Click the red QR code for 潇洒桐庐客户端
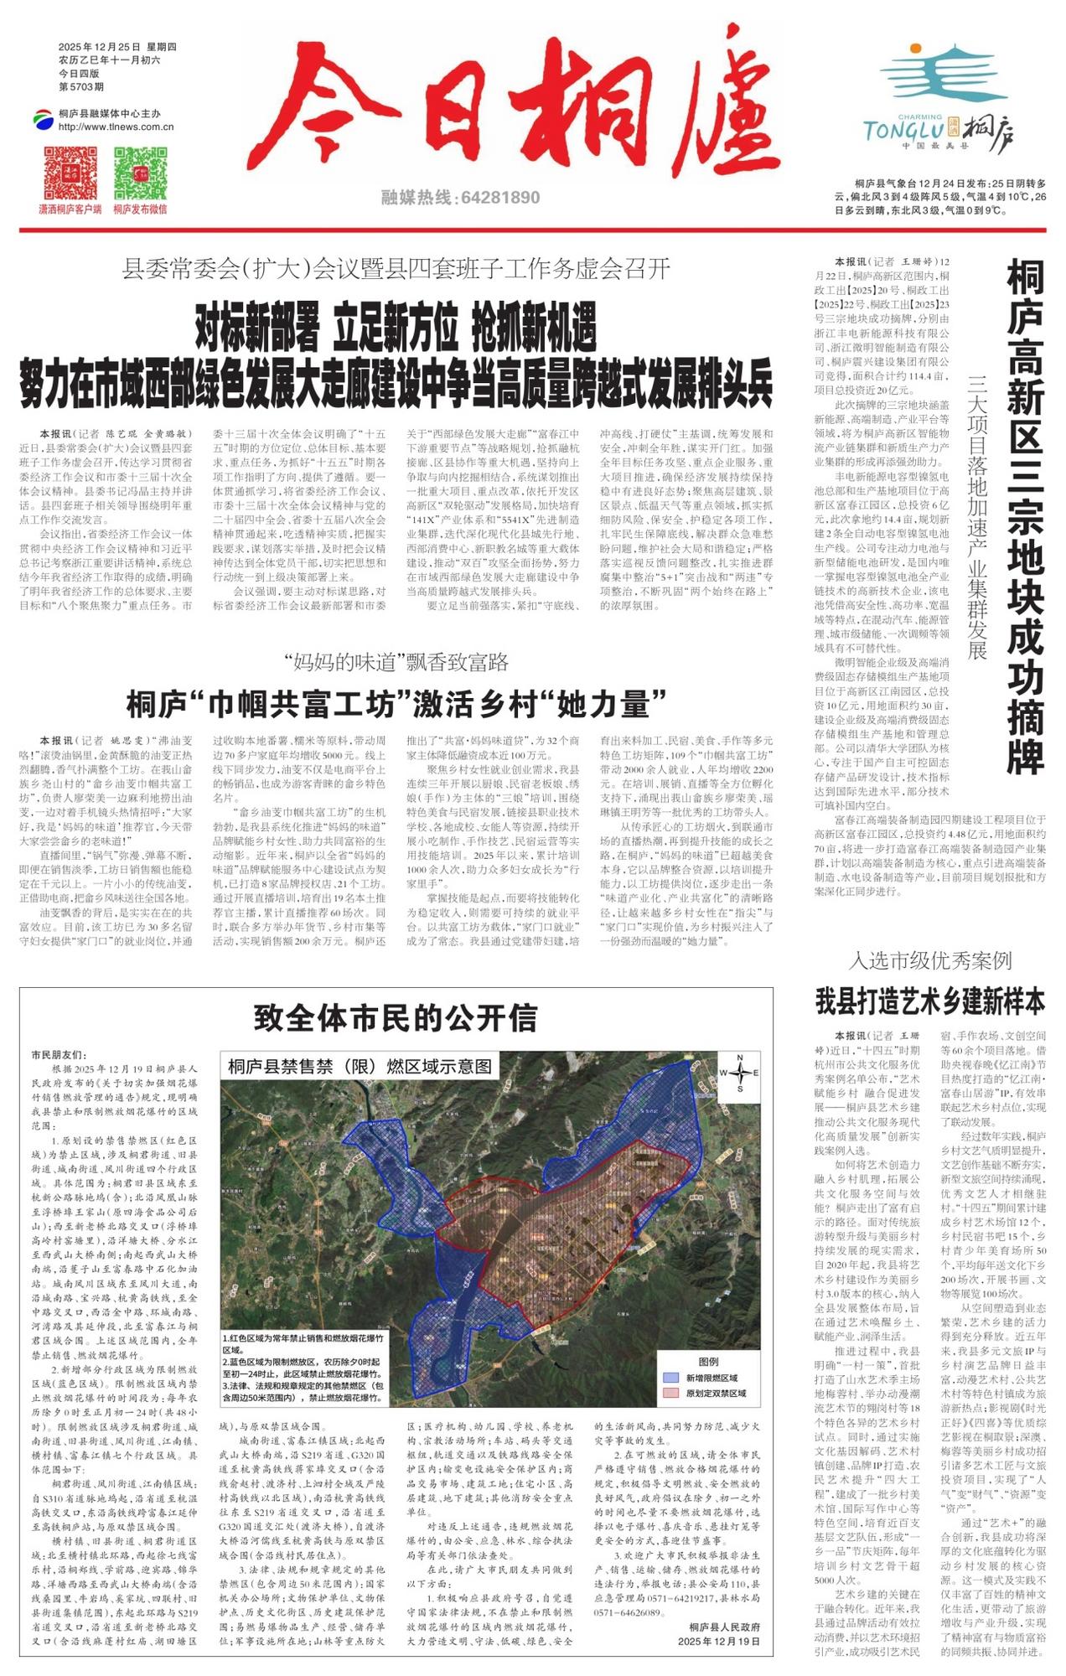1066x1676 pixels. (70, 173)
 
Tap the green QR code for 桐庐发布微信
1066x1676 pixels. (140, 173)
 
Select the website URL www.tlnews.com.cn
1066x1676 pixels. (116, 127)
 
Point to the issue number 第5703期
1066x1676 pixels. (81, 87)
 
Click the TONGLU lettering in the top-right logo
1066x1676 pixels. (903, 130)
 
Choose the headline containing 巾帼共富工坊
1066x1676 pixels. (396, 704)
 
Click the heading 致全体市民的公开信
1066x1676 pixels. (396, 1018)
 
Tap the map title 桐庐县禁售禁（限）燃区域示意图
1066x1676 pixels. (360, 1067)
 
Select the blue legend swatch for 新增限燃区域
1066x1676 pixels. (670, 1378)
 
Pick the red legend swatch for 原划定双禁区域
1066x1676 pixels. (670, 1393)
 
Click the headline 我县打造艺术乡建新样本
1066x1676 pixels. (930, 1001)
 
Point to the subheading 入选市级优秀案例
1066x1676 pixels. (930, 961)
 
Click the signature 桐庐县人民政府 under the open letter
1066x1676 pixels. (725, 1627)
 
